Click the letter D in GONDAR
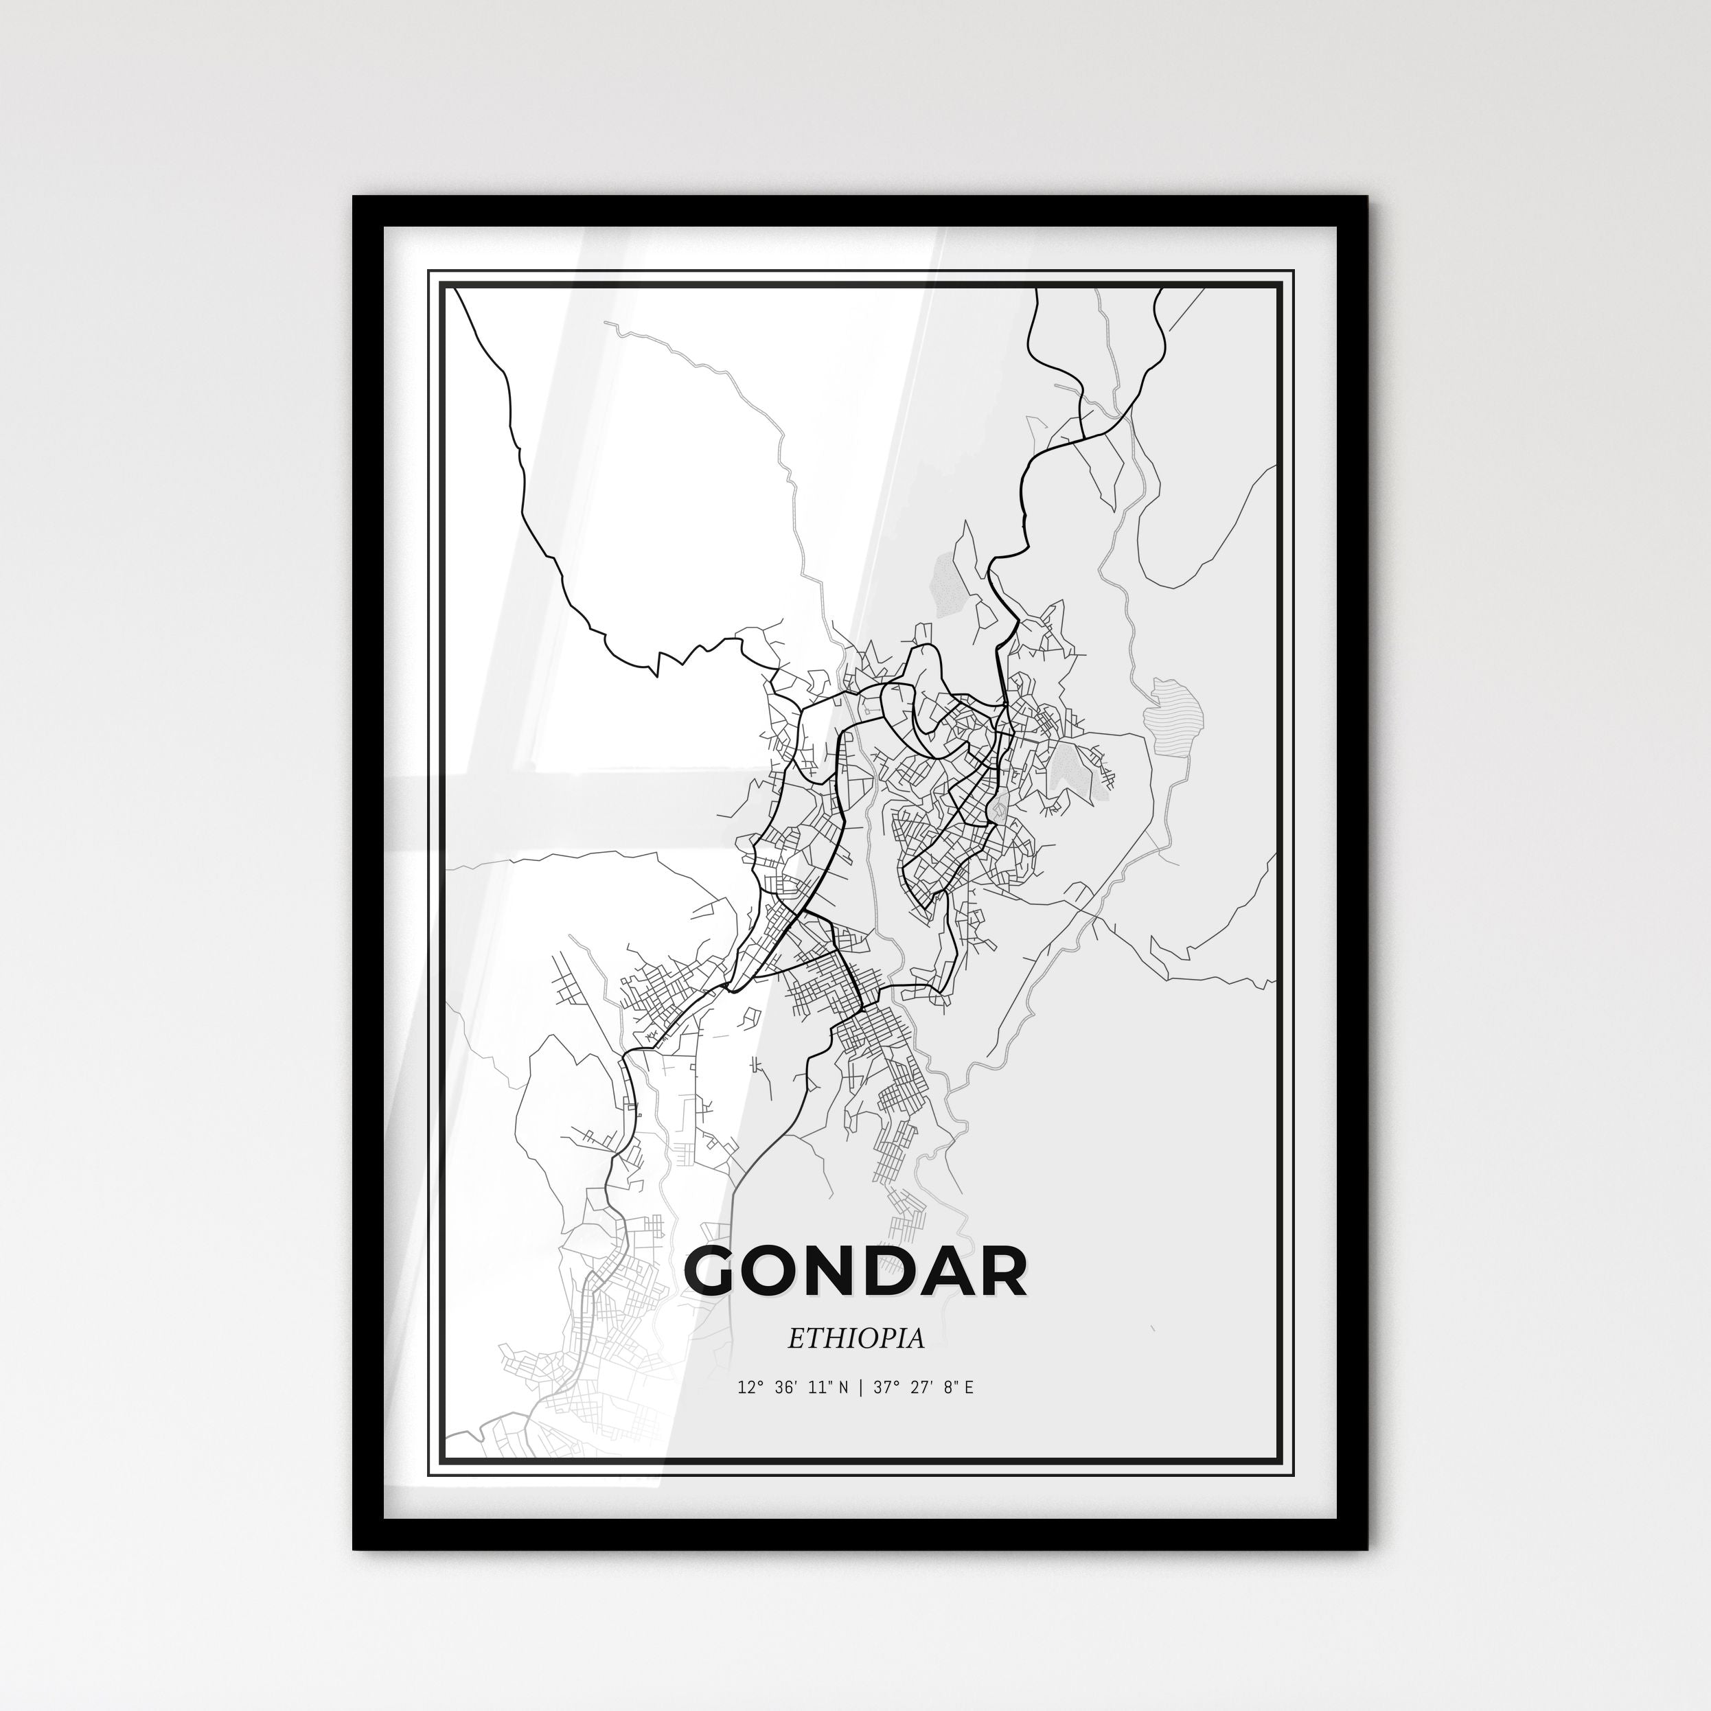pos(899,1273)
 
